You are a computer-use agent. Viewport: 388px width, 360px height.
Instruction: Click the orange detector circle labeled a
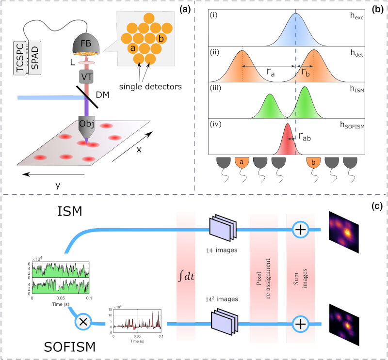(131, 49)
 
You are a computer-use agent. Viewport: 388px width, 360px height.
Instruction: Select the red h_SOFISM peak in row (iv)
(287, 140)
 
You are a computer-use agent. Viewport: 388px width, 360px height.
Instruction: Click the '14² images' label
(222, 299)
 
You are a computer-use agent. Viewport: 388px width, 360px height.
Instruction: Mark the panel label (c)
(377, 205)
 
